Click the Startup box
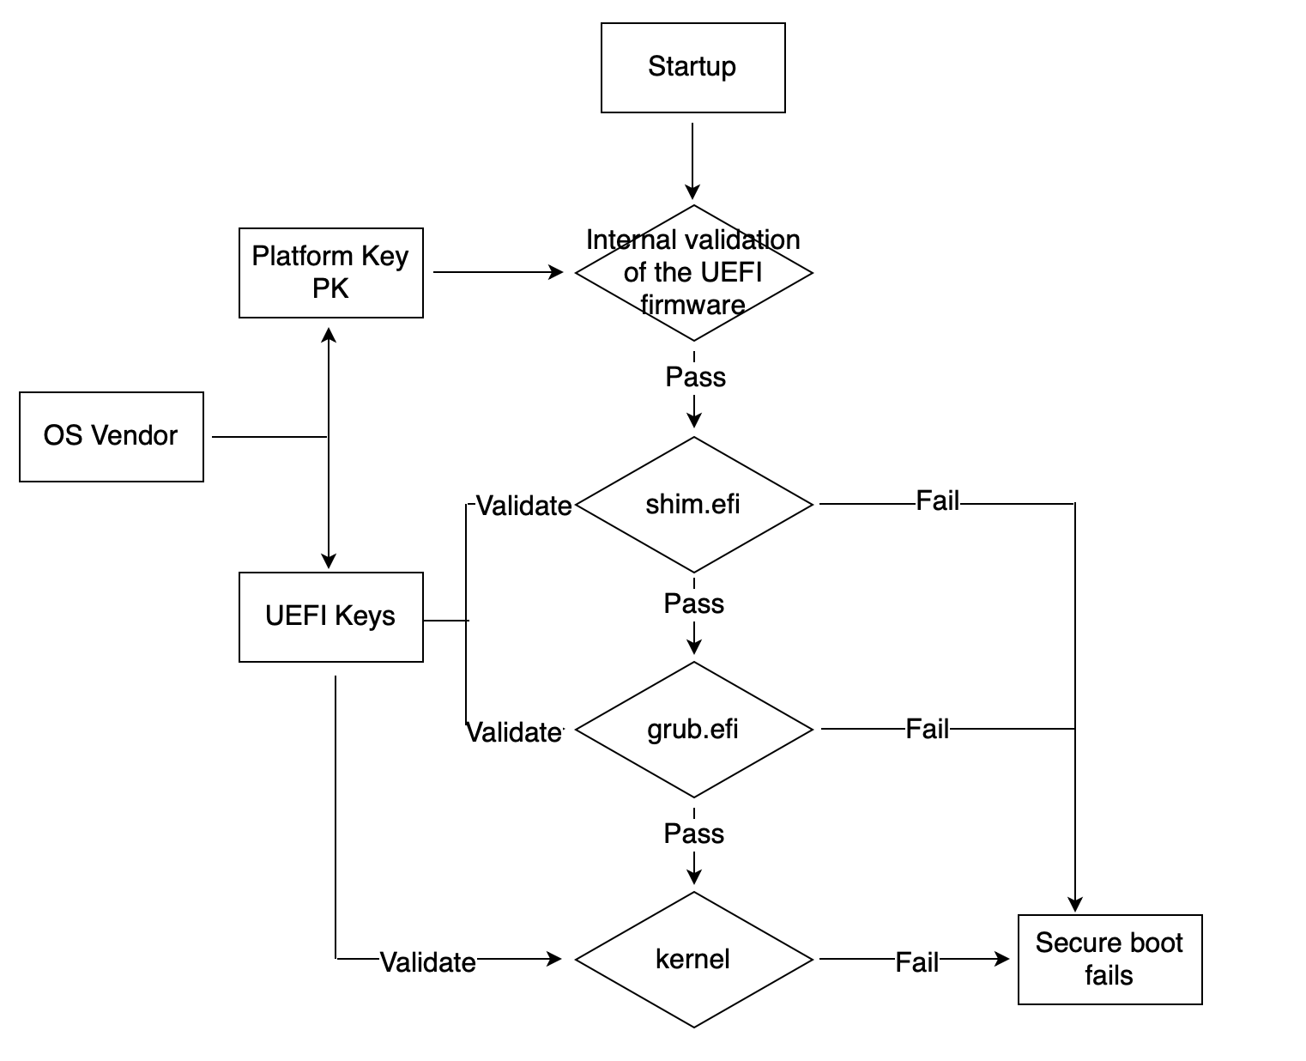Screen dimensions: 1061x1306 (x=692, y=67)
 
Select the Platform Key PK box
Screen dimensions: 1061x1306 (x=330, y=272)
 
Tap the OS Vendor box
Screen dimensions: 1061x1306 (x=111, y=436)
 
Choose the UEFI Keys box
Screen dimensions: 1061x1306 (x=330, y=616)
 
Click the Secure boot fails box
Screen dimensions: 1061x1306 (x=1109, y=959)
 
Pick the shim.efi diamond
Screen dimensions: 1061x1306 (x=692, y=504)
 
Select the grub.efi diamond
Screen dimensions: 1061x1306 (x=692, y=730)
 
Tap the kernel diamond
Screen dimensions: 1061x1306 (x=692, y=959)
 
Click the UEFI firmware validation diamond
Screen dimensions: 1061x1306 (x=692, y=272)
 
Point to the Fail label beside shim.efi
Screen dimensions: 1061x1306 (x=937, y=501)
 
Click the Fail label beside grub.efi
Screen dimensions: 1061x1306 (x=927, y=730)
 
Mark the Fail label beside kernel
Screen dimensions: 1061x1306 (x=916, y=962)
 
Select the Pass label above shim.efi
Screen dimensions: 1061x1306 (x=695, y=377)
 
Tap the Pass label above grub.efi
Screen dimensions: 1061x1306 (x=693, y=603)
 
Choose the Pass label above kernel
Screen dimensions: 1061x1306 (x=693, y=834)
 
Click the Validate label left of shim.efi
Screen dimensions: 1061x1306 (x=523, y=506)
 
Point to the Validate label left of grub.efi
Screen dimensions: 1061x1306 (x=513, y=733)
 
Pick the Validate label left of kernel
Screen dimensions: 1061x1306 (x=427, y=962)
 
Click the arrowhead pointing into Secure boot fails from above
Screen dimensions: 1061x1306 (x=1074, y=904)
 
